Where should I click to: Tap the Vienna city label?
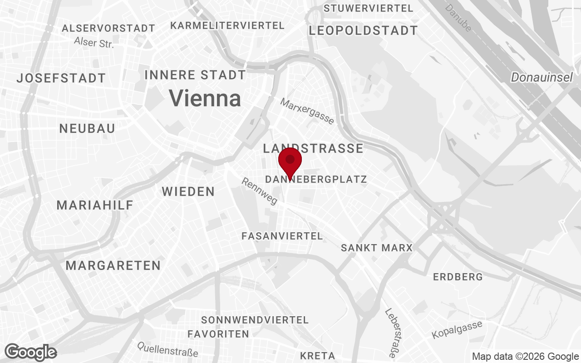[x=205, y=98]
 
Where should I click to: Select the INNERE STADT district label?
[x=195, y=75]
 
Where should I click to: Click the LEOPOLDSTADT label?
[x=363, y=31]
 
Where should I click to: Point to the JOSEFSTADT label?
[x=61, y=78]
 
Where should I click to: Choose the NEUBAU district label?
[x=87, y=128]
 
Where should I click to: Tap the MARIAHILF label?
[x=95, y=205]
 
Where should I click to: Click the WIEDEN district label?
[x=188, y=191]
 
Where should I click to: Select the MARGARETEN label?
[x=113, y=265]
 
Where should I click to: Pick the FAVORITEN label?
[x=218, y=334]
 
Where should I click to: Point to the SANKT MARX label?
[x=377, y=248]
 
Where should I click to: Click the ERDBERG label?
[x=458, y=277]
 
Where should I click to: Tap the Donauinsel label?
[x=542, y=78]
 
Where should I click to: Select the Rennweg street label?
[x=260, y=191]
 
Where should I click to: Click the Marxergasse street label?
[x=307, y=111]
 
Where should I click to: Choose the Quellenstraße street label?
[x=168, y=349]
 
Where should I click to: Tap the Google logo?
[x=31, y=352]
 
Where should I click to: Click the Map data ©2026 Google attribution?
[x=525, y=356]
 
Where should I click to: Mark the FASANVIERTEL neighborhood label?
[x=282, y=236]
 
